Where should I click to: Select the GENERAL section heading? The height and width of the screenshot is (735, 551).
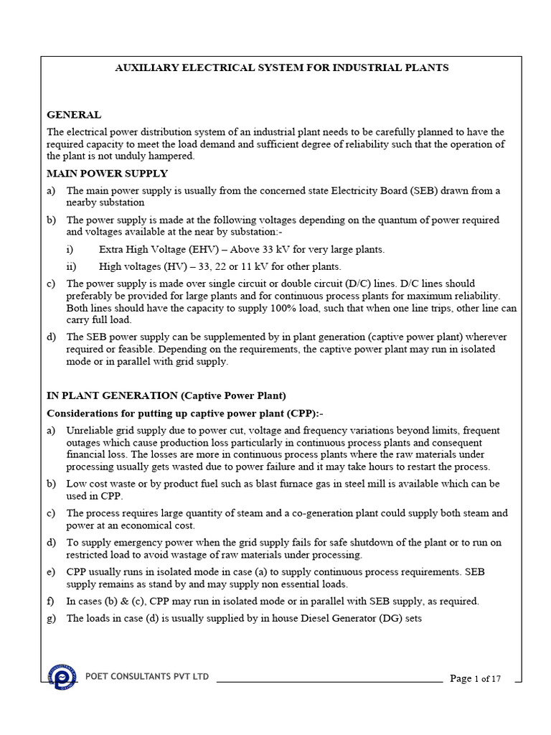(74, 115)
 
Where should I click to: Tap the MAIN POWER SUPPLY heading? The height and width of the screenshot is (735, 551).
(108, 174)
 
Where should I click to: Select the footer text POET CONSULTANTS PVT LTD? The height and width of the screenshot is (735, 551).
(147, 677)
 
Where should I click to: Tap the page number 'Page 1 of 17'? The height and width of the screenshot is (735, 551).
(475, 678)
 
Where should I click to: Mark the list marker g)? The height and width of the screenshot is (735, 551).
(52, 619)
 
